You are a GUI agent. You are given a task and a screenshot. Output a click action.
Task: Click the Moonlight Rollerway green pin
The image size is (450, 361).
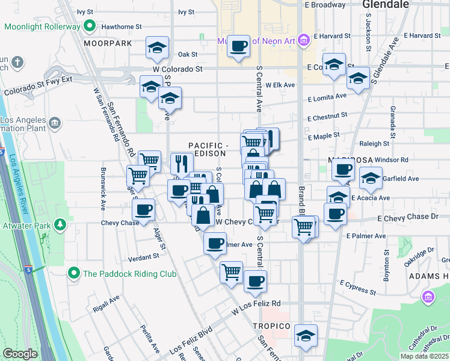(90, 26)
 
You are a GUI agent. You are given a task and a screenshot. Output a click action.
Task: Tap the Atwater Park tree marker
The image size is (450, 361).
(60, 225)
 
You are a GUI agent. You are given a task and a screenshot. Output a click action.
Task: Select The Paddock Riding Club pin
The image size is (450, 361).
(74, 273)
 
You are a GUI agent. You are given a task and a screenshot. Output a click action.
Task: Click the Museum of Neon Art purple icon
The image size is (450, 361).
(303, 41)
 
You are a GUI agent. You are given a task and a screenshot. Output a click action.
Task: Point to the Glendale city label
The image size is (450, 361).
(386, 5)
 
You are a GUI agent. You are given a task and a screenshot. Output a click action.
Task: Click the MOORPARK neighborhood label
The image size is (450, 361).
(108, 44)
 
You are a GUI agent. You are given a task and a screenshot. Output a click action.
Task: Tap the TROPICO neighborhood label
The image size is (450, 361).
(271, 326)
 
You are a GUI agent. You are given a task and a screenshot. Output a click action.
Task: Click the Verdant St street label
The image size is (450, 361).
(143, 256)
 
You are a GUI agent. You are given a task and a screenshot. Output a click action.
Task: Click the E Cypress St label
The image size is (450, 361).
(357, 287)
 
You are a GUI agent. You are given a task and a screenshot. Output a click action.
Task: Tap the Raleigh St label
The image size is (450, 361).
(374, 144)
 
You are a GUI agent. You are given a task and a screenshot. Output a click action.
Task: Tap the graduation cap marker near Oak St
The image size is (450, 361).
(157, 48)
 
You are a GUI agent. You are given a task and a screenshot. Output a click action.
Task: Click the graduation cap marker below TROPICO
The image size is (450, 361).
(306, 336)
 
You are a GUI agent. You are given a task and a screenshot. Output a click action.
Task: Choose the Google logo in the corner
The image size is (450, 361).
(20, 354)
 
